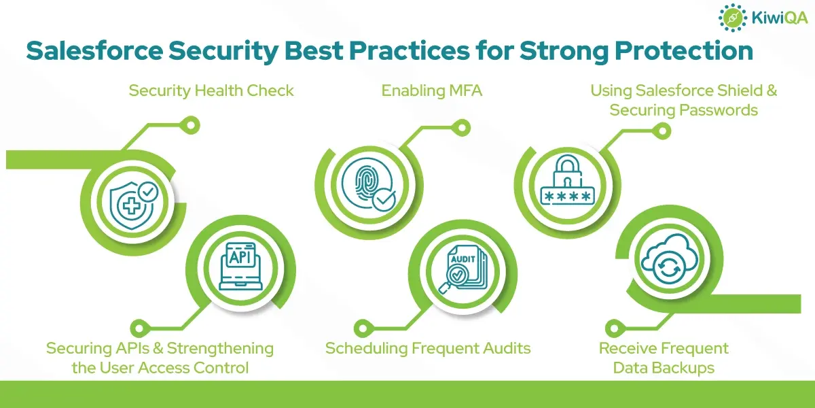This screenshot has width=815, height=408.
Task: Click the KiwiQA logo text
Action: tap(780, 18)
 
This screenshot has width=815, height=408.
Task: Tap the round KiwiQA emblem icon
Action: tap(732, 18)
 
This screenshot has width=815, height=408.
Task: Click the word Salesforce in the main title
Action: tap(94, 50)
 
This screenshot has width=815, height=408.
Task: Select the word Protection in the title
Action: tap(684, 50)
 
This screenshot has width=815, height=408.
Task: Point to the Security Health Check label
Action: tap(211, 90)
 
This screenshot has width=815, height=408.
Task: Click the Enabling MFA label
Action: tap(431, 90)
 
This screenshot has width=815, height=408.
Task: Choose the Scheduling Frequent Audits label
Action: tap(428, 348)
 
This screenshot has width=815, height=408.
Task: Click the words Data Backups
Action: tap(664, 368)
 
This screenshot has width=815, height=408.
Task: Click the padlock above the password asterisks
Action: tap(567, 171)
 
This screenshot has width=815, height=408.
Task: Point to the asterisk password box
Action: tap(568, 197)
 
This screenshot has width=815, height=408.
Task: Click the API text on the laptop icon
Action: tap(240, 257)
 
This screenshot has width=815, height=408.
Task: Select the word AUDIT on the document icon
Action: tap(463, 259)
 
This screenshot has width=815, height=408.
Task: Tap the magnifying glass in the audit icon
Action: tap(452, 279)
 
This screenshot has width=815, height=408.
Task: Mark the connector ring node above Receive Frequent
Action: tap(614, 328)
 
